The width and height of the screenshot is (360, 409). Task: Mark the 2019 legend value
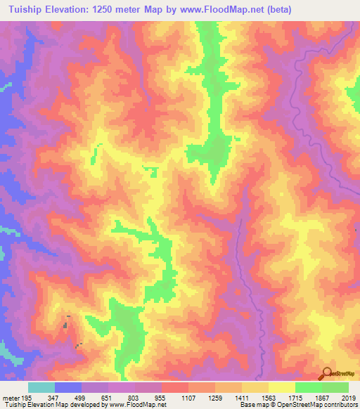pyautogui.click(x=349, y=397)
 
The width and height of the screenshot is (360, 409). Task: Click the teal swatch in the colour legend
pyautogui.click(x=41, y=387)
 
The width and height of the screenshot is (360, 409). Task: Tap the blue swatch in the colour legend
pyautogui.click(x=68, y=387)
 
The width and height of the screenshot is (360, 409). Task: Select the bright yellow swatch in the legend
pyautogui.click(x=282, y=387)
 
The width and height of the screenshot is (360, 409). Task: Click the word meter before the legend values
pyautogui.click(x=11, y=397)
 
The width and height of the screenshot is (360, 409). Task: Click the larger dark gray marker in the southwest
pyautogui.click(x=67, y=325)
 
